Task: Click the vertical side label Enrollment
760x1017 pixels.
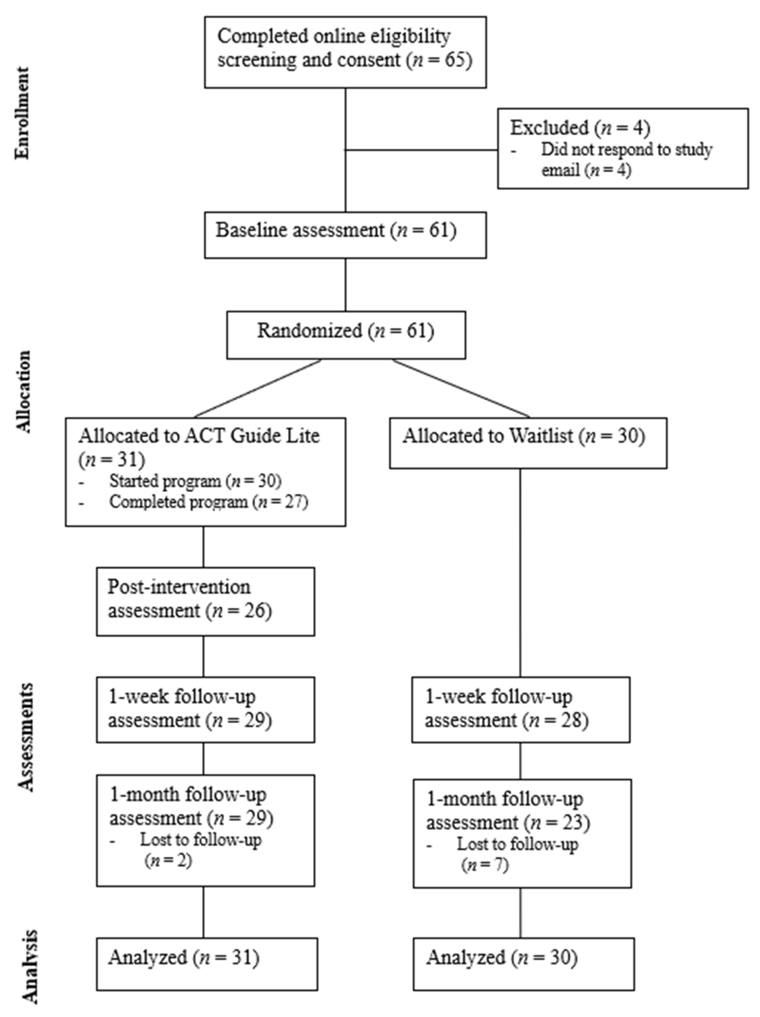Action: (22, 113)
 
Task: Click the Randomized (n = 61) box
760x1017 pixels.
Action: (346, 335)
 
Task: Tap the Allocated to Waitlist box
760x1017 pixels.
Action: (528, 443)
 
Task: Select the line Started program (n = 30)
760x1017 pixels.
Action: (195, 481)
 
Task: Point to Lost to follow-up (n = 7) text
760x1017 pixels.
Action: (517, 854)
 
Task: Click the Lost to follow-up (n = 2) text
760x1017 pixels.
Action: (200, 850)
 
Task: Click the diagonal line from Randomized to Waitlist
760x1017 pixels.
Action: (461, 388)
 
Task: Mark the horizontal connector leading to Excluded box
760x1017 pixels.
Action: (421, 150)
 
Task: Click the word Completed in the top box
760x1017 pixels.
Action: (262, 36)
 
